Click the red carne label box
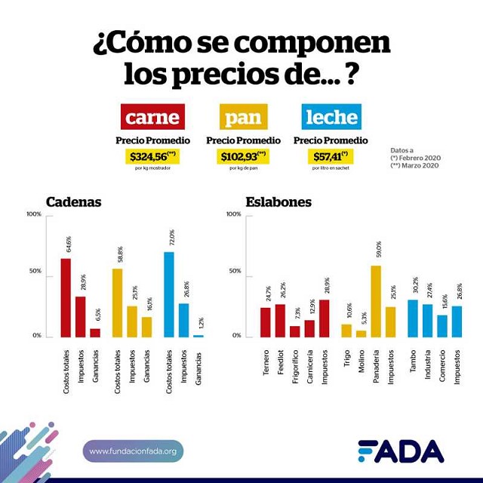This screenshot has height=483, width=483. coord(152,118)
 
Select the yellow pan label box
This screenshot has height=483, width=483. coord(242,118)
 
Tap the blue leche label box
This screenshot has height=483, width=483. coord(331,118)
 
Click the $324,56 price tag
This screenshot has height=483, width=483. coord(152,156)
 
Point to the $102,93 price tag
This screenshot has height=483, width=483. coord(242,156)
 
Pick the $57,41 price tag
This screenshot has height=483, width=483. coord(331,156)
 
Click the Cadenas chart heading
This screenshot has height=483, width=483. coord(73,202)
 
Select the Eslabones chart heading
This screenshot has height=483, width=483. coord(278,202)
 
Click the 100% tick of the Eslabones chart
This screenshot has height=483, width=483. coord(233,215)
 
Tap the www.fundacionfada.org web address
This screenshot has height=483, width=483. coord(133,451)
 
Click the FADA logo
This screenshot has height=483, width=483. coord(401,451)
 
